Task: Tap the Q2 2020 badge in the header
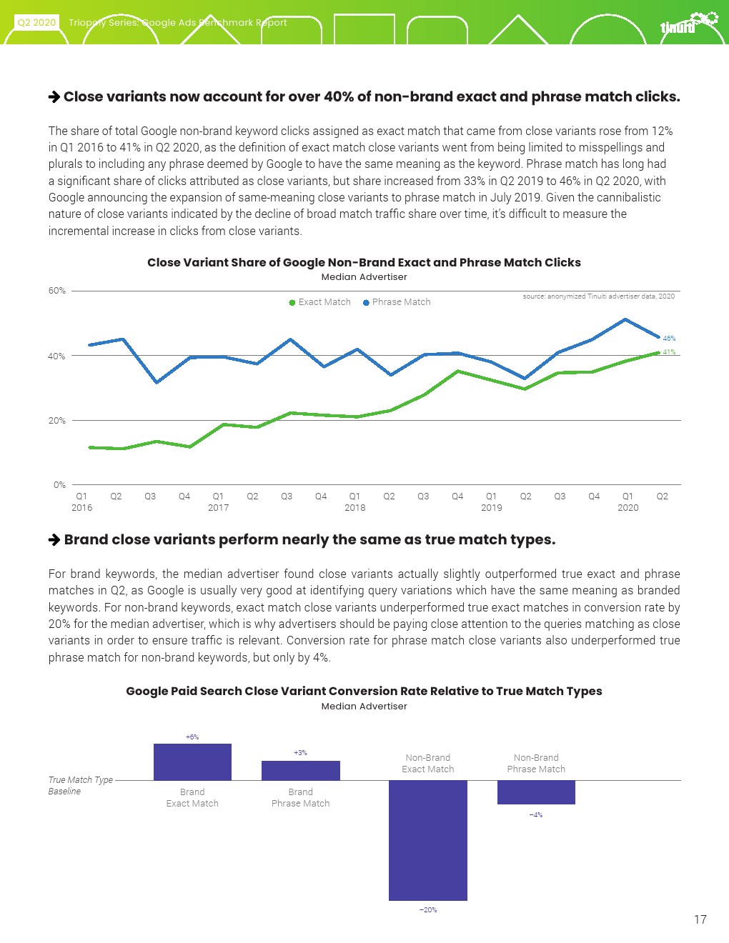[x=36, y=22]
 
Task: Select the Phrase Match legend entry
[x=397, y=302]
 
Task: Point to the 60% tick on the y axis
[x=57, y=291]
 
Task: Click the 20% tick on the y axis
[x=57, y=421]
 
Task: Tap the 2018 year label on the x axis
[x=354, y=508]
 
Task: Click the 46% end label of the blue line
[x=669, y=339]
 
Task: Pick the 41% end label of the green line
[x=669, y=352]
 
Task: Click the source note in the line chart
[x=598, y=296]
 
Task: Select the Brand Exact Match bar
[x=192, y=762]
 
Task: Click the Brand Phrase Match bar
[x=300, y=771]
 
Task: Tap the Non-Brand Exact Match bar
[x=427, y=840]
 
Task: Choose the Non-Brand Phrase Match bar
[x=536, y=792]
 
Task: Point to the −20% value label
[x=427, y=910]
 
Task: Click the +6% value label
[x=192, y=737]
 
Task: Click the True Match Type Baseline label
[x=80, y=786]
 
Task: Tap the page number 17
[x=700, y=919]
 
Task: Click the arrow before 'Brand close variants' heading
[x=54, y=540]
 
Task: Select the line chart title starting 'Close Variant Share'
[x=364, y=263]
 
